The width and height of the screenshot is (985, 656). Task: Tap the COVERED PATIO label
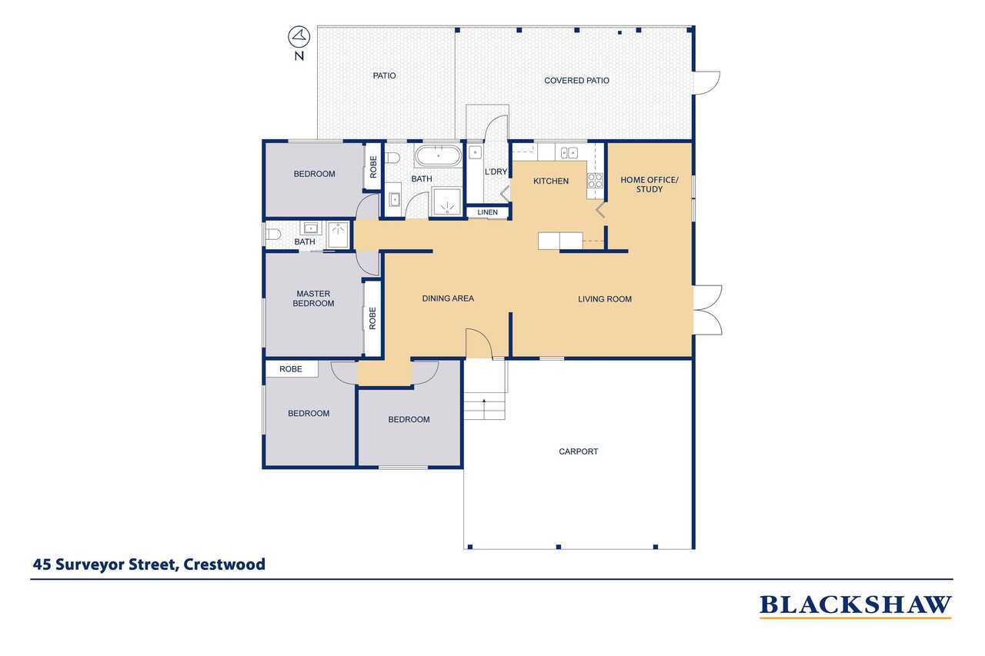click(x=576, y=81)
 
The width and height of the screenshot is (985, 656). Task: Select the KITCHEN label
click(x=550, y=181)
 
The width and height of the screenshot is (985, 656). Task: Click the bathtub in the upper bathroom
click(x=438, y=155)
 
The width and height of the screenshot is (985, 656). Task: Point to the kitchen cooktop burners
click(x=595, y=181)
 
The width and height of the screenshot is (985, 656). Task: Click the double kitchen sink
click(x=569, y=153)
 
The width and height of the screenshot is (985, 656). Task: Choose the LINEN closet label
click(x=487, y=212)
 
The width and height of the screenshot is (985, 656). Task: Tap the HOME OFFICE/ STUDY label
click(x=649, y=185)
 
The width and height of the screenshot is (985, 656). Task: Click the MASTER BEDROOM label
click(x=313, y=298)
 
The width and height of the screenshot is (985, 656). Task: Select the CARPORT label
click(x=578, y=451)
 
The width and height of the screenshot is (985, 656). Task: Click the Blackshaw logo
click(x=855, y=606)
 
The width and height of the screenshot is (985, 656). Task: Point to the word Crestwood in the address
click(x=224, y=564)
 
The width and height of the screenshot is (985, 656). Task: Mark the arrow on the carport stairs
click(x=484, y=408)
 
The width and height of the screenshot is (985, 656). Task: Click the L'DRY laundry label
click(x=496, y=171)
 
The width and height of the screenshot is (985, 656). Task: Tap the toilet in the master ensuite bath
click(x=273, y=235)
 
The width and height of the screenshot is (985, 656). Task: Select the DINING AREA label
click(x=448, y=298)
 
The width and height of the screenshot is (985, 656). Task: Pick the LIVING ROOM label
click(x=605, y=299)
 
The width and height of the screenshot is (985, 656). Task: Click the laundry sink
click(x=475, y=152)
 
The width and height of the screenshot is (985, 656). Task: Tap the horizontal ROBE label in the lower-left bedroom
click(x=291, y=369)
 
